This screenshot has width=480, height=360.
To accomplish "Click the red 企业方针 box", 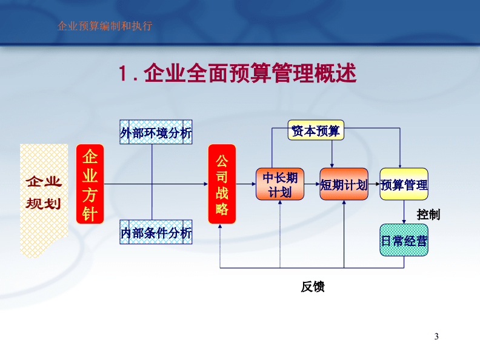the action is point(90,184).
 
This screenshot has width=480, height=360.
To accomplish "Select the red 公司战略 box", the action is point(222,184).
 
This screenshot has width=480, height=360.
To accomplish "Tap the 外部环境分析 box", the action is point(156,132).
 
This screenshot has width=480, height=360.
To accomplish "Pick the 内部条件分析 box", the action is point(156,232).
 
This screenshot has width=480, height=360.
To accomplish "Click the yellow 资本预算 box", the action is point(316,130).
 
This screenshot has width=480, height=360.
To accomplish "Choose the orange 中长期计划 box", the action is point(280,184).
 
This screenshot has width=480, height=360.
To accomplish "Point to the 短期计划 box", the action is point(344,184).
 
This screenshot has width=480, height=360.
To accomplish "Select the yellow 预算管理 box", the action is point(404,184).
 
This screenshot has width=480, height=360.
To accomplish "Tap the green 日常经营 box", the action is point(404,240).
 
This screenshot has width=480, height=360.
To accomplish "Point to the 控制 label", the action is point(428,215).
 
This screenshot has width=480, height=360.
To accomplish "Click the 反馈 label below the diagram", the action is point(313,287).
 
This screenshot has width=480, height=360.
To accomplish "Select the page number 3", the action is point(436,336).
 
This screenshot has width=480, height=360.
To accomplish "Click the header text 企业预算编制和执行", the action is point(105,25).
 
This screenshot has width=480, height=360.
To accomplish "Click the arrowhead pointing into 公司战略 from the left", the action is point(206,184).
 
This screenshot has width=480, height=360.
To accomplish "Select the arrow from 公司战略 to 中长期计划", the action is point(246,184).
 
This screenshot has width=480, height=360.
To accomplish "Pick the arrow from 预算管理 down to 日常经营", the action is point(404,212).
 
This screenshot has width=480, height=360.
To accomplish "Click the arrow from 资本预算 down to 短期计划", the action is point(332,154).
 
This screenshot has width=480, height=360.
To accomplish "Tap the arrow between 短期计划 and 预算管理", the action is point(374,184).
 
